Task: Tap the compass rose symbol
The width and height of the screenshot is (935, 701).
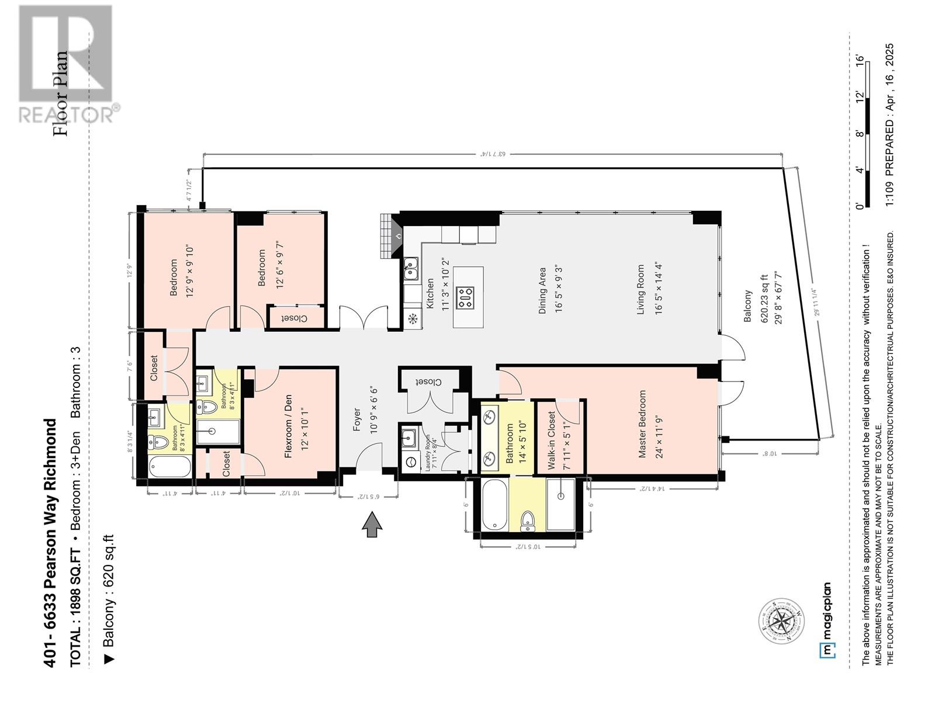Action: pos(781,622)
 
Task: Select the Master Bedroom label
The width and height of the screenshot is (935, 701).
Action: pos(642,424)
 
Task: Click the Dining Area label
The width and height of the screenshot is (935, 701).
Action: pos(542,291)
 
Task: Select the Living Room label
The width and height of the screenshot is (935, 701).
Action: pos(640,290)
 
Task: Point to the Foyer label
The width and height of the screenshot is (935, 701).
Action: pos(357,419)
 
